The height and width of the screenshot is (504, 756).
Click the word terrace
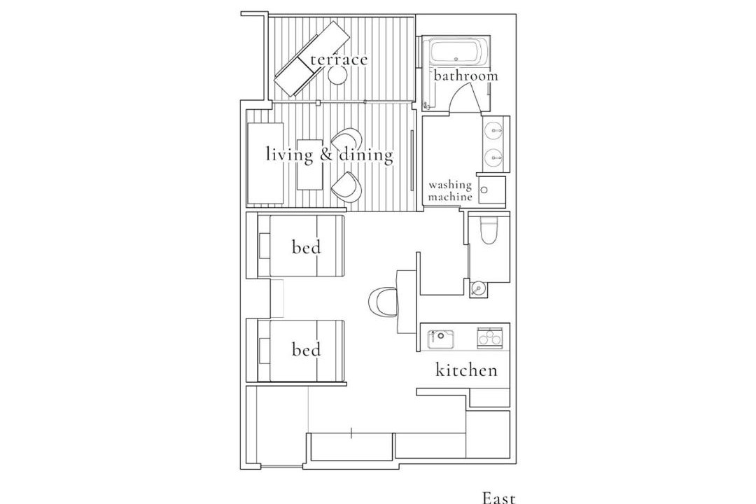(339, 59)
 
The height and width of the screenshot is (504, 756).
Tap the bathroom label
(465, 76)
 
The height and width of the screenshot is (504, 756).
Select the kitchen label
(466, 370)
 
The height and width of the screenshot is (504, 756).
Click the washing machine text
(450, 190)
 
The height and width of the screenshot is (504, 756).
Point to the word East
(499, 497)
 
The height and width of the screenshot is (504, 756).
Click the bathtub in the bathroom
(455, 52)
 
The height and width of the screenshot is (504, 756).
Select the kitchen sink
(441, 339)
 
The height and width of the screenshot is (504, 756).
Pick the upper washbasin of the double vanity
(493, 129)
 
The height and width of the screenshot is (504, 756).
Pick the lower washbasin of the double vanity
(493, 157)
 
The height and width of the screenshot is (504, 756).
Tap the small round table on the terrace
(337, 75)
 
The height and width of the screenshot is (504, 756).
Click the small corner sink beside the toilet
(478, 289)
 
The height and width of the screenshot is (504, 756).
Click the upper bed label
(306, 247)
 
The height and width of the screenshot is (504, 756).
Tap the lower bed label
(306, 349)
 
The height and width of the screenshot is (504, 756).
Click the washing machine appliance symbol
(492, 190)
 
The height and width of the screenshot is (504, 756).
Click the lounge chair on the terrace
(312, 59)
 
